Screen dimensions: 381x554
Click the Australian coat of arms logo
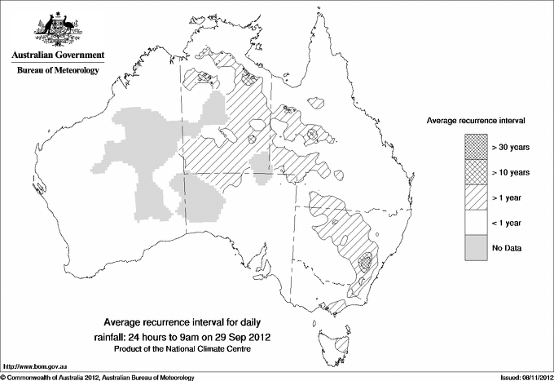(x=55, y=29)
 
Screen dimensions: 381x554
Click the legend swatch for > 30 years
(x=477, y=147)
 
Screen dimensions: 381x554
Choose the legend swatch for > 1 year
(x=477, y=197)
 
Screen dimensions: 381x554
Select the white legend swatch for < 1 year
(x=477, y=222)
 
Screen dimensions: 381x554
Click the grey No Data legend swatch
(x=477, y=247)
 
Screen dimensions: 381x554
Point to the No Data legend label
(x=508, y=247)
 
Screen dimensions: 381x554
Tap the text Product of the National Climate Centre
(x=188, y=349)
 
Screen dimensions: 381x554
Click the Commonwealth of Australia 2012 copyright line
(x=98, y=377)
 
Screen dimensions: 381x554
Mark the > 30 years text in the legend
(x=511, y=147)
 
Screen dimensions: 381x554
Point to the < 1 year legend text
(x=508, y=222)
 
